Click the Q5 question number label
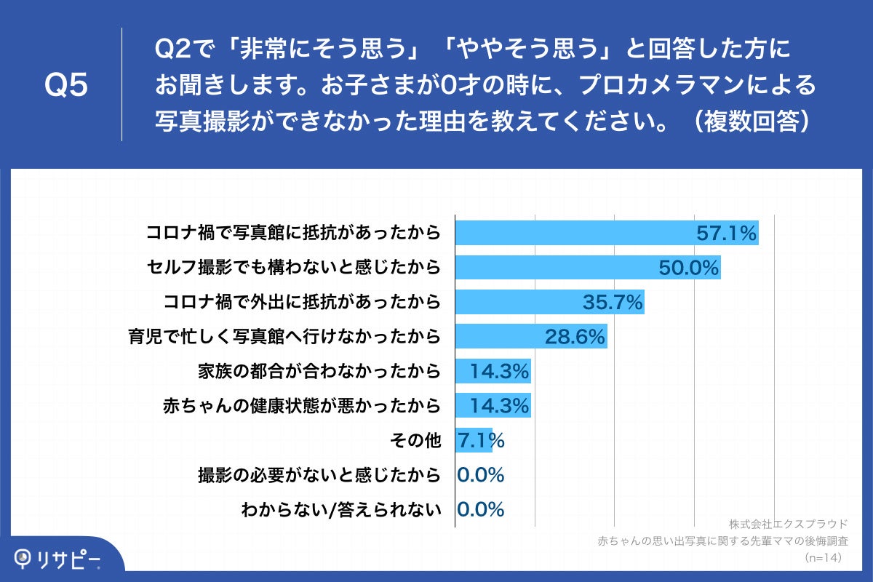tap(66, 85)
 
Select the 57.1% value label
tap(727, 234)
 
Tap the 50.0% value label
tap(688, 268)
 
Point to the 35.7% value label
tap(613, 302)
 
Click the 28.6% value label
tap(575, 337)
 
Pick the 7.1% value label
tap(480, 441)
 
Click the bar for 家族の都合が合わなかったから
tap(493, 372)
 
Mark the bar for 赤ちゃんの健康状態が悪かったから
tap(493, 406)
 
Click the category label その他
tap(416, 441)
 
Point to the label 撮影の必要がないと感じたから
tap(319, 476)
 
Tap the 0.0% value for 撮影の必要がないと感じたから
tap(481, 476)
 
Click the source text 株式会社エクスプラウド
tap(788, 524)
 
